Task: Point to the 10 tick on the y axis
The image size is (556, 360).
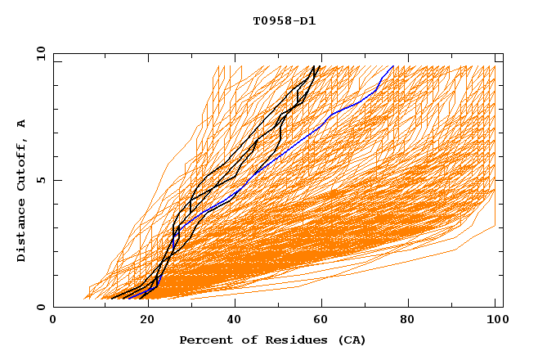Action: (38, 53)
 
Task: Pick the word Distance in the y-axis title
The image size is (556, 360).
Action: (22, 232)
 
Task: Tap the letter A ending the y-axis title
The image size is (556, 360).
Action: (22, 124)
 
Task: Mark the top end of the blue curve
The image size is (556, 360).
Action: (393, 65)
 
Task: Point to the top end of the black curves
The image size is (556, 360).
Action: (318, 65)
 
